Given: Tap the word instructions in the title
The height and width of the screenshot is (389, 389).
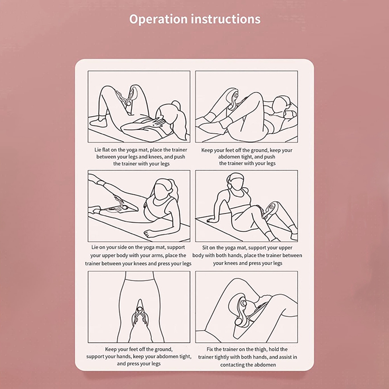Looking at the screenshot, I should [226, 19].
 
